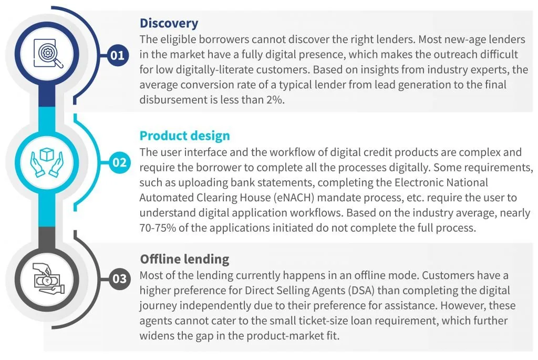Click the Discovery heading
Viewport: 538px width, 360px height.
tap(169, 23)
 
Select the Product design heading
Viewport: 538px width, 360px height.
tap(184, 136)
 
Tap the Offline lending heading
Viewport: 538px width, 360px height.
tap(184, 259)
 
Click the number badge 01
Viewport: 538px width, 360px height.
tap(118, 55)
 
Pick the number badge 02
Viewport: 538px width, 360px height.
tap(119, 162)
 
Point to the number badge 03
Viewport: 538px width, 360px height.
tap(119, 279)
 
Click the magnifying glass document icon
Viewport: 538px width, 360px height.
tap(48, 54)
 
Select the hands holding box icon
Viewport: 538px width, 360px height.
tap(47, 162)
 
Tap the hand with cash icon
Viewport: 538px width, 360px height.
tap(48, 279)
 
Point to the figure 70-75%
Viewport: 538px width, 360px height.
tap(158, 228)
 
